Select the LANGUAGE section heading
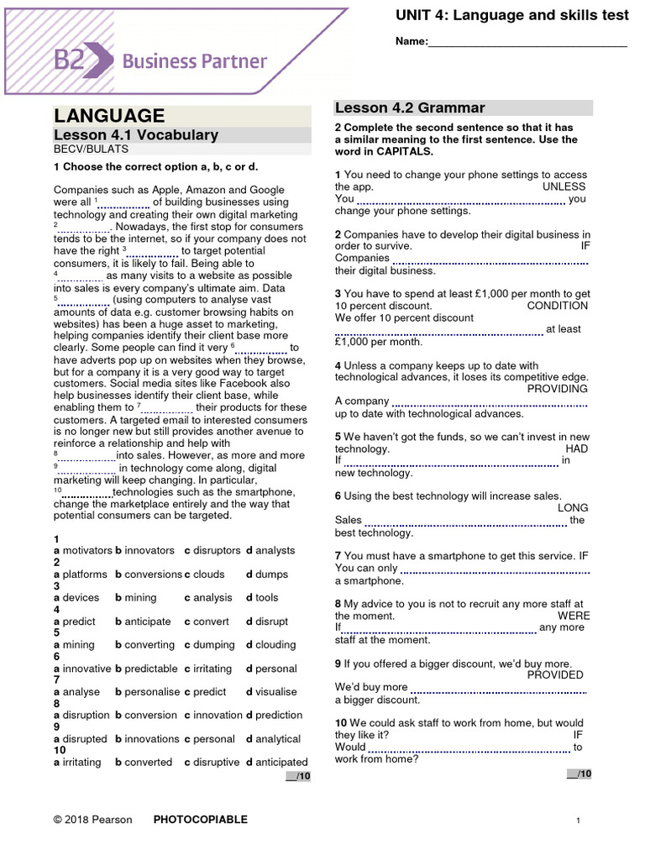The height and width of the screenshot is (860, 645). point(109,116)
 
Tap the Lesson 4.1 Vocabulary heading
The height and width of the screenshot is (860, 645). point(136,135)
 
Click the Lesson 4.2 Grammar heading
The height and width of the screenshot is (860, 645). point(410,107)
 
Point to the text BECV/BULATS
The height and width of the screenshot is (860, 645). point(86,149)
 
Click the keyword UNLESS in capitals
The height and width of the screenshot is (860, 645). point(564,186)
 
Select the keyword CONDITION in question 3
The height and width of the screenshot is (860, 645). point(558,306)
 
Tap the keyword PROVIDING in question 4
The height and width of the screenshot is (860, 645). point(558,389)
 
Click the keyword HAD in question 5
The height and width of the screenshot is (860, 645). point(576,448)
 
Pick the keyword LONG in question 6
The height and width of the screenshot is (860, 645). point(573,508)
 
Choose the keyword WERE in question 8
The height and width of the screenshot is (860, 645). point(574,615)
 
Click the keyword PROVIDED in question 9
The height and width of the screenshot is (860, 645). point(555,674)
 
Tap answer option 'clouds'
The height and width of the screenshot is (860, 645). point(209,574)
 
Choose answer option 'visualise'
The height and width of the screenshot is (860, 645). point(276,692)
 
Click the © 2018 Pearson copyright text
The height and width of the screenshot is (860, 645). point(92,820)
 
